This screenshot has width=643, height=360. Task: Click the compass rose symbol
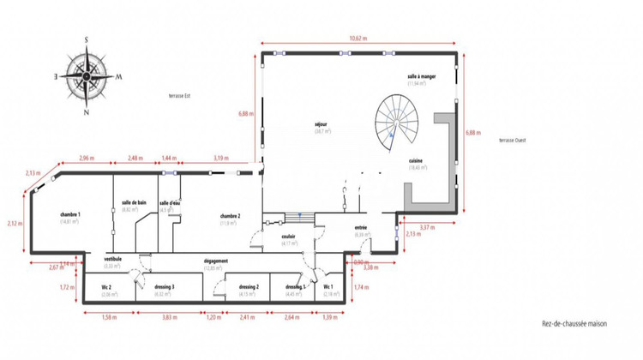(x=86, y=75)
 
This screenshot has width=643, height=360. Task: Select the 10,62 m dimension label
(x=358, y=39)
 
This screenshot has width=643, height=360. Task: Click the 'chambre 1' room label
(x=70, y=214)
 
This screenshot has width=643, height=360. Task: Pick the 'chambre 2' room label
(x=229, y=216)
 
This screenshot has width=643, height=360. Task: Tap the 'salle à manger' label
(x=423, y=77)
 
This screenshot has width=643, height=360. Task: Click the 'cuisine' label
(x=416, y=160)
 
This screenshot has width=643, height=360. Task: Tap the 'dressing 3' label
(x=166, y=287)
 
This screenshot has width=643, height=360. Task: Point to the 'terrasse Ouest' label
(x=513, y=141)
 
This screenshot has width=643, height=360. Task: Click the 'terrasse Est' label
(x=180, y=96)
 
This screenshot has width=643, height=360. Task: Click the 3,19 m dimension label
(x=220, y=159)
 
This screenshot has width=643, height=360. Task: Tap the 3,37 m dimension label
(x=426, y=228)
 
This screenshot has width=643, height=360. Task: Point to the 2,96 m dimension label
(x=86, y=159)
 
